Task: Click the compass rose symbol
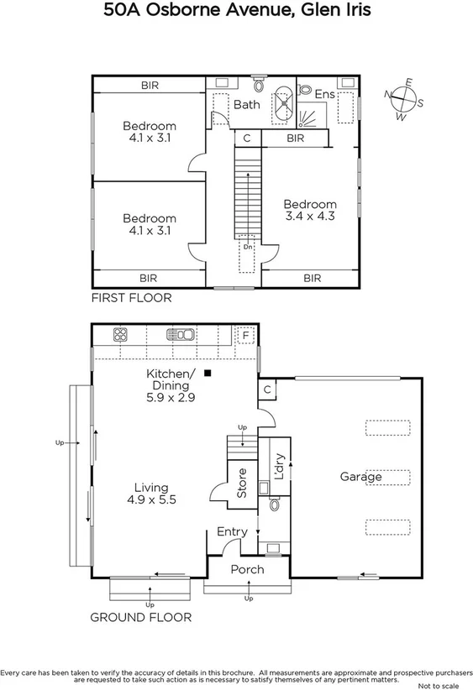[x=404, y=99]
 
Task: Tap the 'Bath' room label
[x=246, y=105]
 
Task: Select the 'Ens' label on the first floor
[x=324, y=95]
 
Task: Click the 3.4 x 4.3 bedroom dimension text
[x=309, y=216]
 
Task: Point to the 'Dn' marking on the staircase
[x=248, y=248]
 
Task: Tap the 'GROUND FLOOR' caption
[x=140, y=617]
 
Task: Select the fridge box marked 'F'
[x=245, y=334]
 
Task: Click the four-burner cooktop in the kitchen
[x=120, y=335]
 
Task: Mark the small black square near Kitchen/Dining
[x=208, y=373]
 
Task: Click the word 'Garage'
[x=360, y=477]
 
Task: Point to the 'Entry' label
[x=232, y=531]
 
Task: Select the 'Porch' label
[x=247, y=569]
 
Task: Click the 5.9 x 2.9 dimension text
[x=171, y=398]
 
